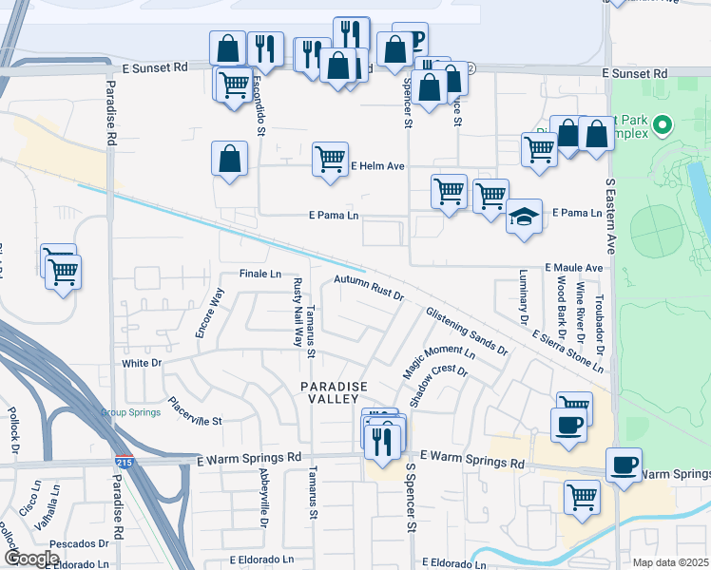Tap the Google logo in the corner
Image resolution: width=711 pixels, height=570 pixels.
click(x=32, y=559)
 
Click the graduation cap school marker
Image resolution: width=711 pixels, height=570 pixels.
click(x=524, y=218)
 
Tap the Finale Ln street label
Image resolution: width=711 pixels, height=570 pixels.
click(x=261, y=274)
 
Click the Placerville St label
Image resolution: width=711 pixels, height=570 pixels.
click(x=194, y=412)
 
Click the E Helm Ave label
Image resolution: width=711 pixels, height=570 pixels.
click(x=377, y=165)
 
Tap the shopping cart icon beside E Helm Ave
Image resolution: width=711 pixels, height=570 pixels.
click(x=329, y=159)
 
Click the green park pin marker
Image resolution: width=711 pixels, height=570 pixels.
click(x=663, y=124)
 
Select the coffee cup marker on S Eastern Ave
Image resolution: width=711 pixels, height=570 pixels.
click(x=624, y=465)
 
